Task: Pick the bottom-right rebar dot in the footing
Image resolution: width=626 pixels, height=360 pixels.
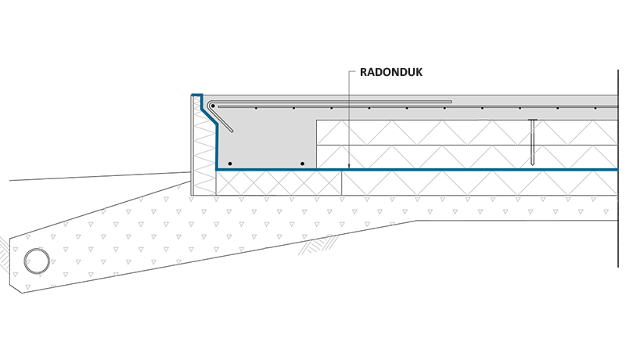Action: (x=302, y=163)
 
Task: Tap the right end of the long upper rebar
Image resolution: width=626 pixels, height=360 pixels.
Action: (x=452, y=102)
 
